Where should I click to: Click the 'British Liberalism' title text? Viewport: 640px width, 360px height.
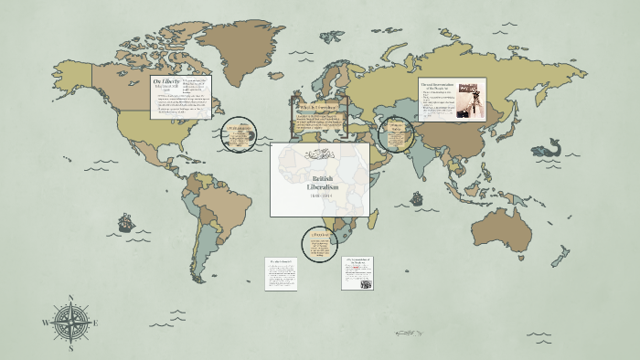click(320, 182)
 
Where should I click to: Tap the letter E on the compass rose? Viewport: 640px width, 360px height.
click(95, 323)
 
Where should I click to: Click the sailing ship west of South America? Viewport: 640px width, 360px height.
click(125, 223)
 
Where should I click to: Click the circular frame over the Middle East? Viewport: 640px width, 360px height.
click(395, 135)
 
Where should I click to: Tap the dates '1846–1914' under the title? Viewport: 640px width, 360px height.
click(320, 196)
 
